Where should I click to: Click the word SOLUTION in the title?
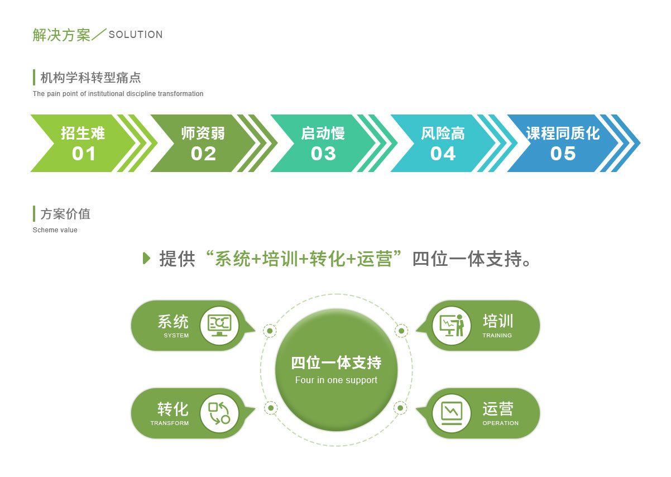coord(136,35)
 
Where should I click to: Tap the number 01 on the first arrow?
coord(84,154)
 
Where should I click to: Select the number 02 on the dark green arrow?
coord(203,154)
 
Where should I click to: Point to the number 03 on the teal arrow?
coord(323,154)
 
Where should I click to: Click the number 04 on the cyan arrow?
coord(443,154)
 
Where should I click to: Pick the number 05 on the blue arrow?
coord(563,154)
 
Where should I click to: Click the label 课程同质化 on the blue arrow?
coord(563,133)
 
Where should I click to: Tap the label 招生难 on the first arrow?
coord(83,133)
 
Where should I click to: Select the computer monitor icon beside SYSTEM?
coord(219,326)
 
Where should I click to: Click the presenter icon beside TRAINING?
coord(452,325)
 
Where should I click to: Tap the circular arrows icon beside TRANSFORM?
coord(219,413)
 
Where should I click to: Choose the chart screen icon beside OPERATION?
coord(452,413)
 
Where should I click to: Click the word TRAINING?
coord(497,336)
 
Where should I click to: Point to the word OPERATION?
coord(500,423)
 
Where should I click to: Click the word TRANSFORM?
coord(170,423)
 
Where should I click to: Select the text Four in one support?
coord(336,380)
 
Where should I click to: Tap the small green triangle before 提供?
coord(146,259)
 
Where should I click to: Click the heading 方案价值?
coord(65,214)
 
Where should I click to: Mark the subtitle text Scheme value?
coord(55,230)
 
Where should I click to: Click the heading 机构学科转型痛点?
coord(90,78)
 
